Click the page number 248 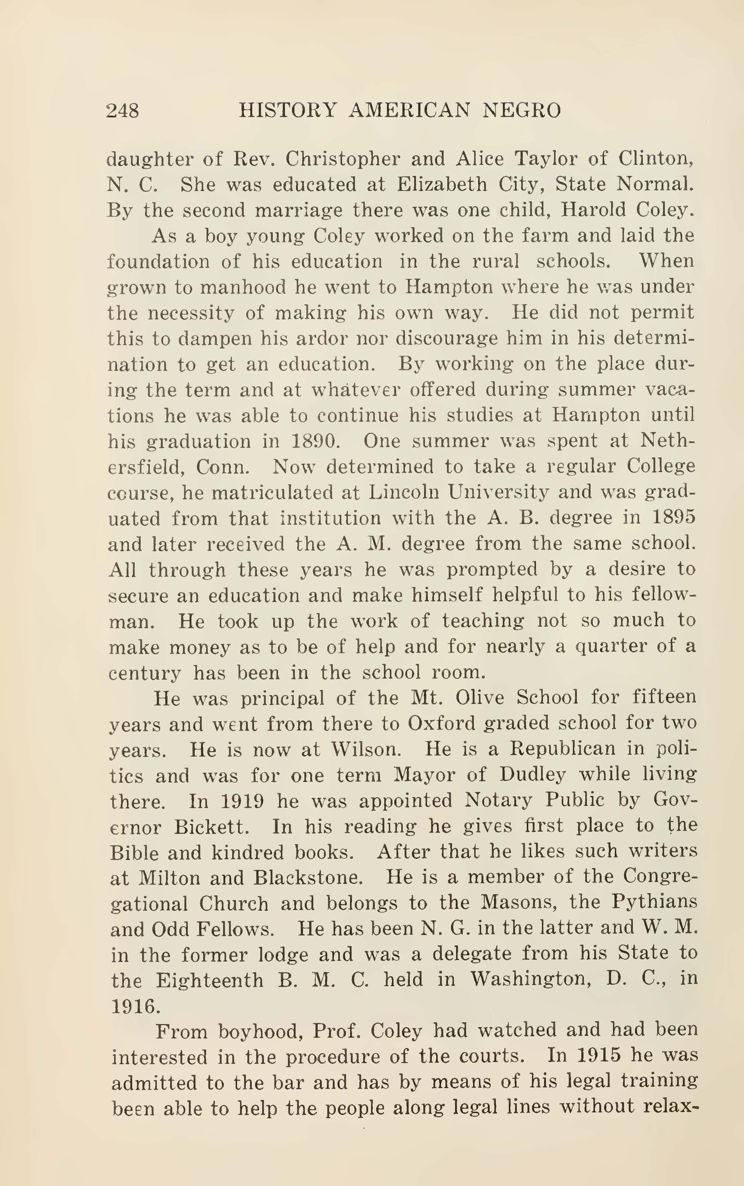pos(123,111)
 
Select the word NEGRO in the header pos(521,111)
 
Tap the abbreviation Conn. pos(223,466)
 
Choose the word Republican pos(562,749)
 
